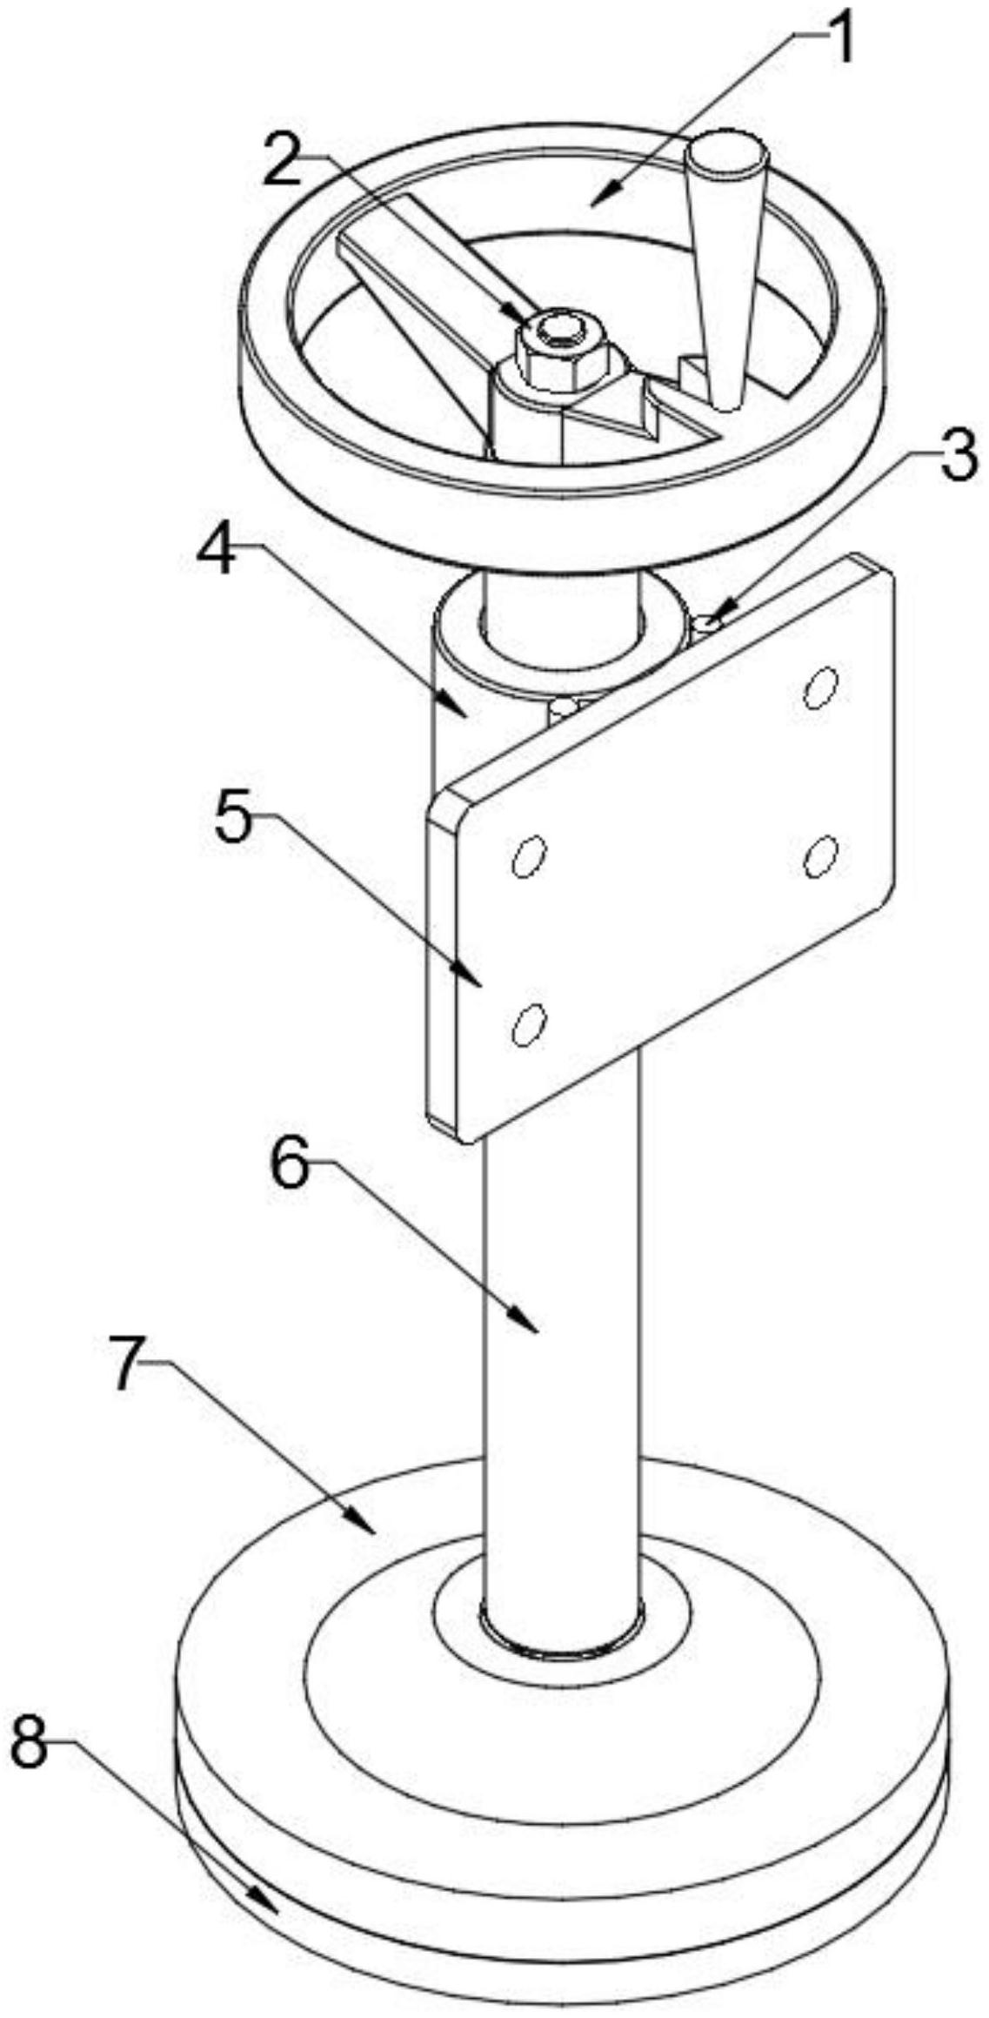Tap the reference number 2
click(x=284, y=156)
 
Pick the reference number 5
click(x=233, y=821)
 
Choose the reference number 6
click(x=289, y=1166)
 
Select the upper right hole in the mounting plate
click(x=819, y=690)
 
